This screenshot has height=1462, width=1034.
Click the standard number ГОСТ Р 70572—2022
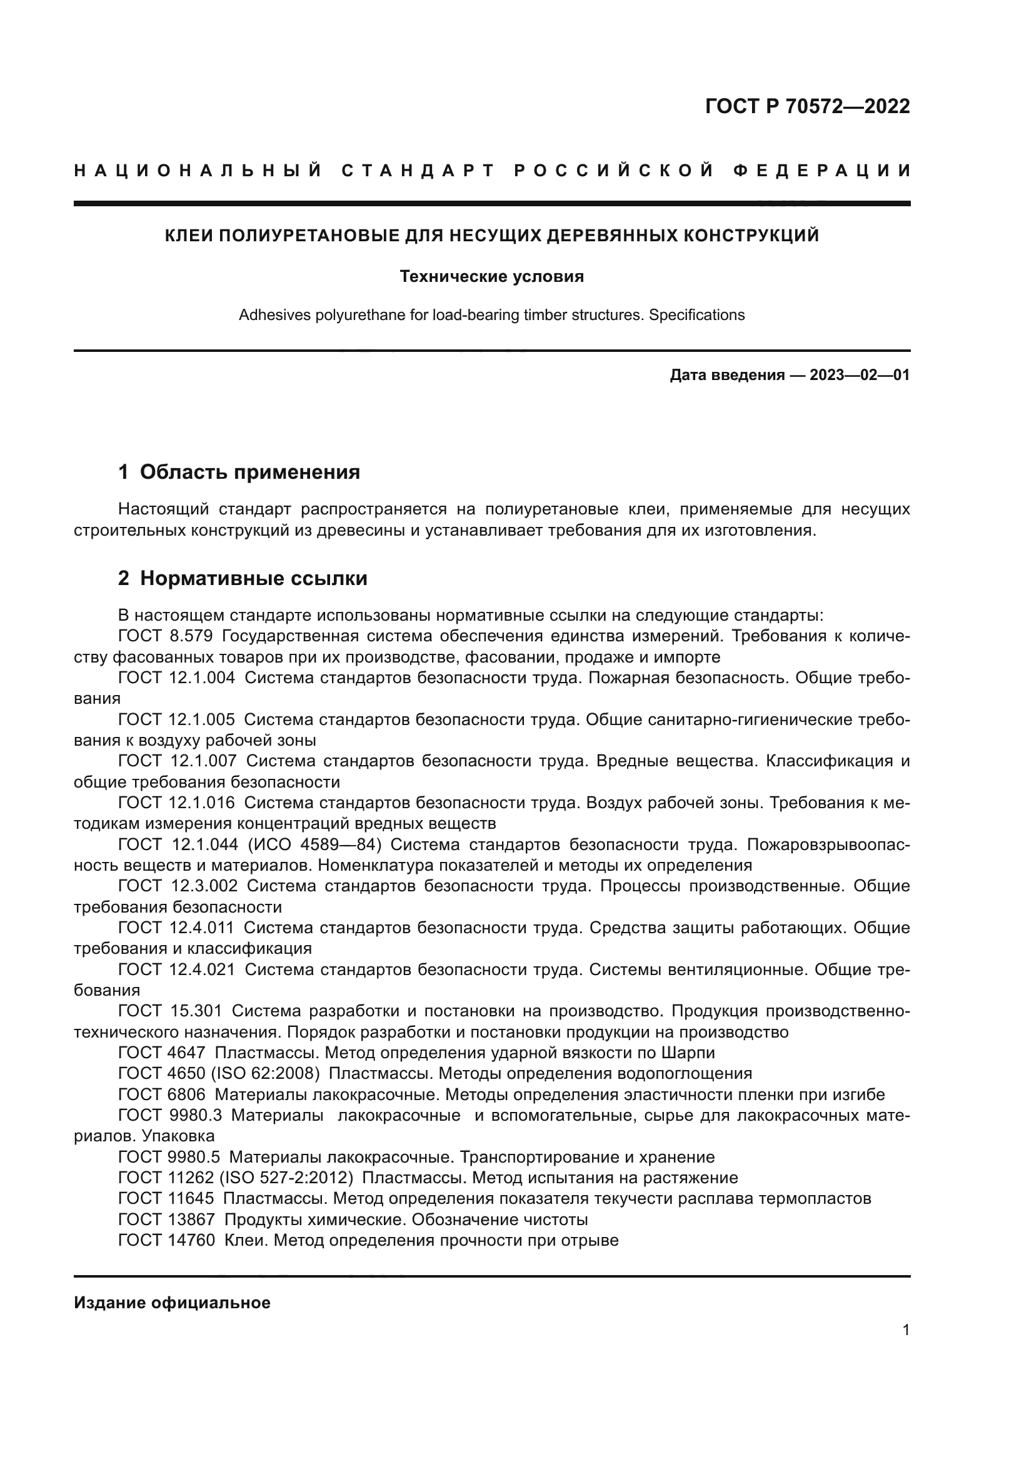(x=806, y=106)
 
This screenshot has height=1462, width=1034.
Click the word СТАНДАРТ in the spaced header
(x=418, y=171)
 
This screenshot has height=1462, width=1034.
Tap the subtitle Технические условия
(x=491, y=276)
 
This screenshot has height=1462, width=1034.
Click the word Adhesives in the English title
(x=274, y=315)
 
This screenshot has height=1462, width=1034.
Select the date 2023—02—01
(x=860, y=375)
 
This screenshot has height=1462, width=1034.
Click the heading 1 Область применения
(x=239, y=472)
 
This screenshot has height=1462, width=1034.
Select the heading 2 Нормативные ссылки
(x=243, y=578)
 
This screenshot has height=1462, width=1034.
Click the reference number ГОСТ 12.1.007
(x=177, y=760)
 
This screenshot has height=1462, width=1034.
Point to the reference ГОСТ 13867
(x=167, y=1219)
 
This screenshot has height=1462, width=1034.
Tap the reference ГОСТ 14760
(x=167, y=1239)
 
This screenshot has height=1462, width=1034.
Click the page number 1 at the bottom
(x=906, y=1329)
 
